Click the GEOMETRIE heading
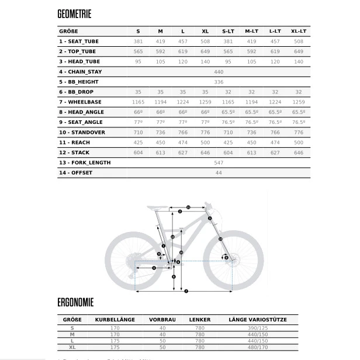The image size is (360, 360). pos(75,14)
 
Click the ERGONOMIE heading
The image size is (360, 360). pos(75,303)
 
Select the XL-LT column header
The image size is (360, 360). pos(299,31)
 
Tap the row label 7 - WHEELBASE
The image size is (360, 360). pos(80,102)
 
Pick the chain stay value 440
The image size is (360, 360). pos(219,71)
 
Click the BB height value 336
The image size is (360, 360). pos(219,82)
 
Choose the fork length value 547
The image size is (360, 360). pos(219,162)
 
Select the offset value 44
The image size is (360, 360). pos(219,172)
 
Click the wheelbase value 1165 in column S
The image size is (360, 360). pos(138,102)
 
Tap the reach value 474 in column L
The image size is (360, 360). pos(183,142)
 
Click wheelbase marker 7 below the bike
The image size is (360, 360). pos(185,290)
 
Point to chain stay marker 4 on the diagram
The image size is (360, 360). pos(154,268)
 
